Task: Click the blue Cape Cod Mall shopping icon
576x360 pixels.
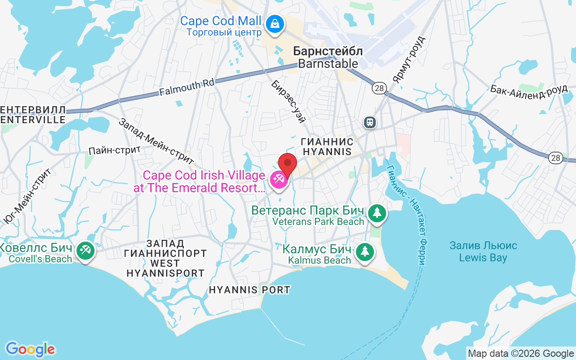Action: pyautogui.click(x=274, y=24)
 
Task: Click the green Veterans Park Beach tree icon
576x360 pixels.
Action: pyautogui.click(x=377, y=212)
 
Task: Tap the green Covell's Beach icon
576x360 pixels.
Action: pyautogui.click(x=85, y=250)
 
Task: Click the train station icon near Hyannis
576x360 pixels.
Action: pyautogui.click(x=370, y=122)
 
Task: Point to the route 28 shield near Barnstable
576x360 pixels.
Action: pyautogui.click(x=379, y=88)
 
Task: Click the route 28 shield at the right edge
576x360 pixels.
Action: pyautogui.click(x=555, y=157)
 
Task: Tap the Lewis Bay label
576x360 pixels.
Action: pyautogui.click(x=483, y=252)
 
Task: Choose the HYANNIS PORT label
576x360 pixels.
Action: pyautogui.click(x=249, y=290)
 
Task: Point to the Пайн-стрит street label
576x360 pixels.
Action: pyautogui.click(x=115, y=150)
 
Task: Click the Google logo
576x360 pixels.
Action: pyautogui.click(x=30, y=349)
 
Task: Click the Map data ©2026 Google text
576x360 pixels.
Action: pyautogui.click(x=521, y=354)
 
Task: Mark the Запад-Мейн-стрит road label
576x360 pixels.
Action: pyautogui.click(x=157, y=141)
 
